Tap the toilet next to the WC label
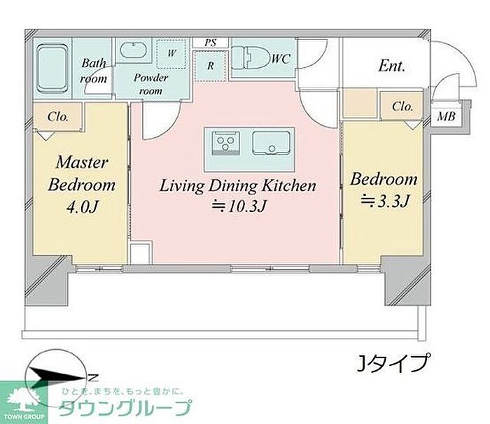click(252, 58)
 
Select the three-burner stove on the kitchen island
click(225, 143)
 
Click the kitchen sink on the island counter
click(272, 143)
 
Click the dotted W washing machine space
click(171, 54)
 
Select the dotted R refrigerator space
click(210, 66)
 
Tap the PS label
click(210, 42)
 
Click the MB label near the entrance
click(446, 117)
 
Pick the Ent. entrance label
click(391, 66)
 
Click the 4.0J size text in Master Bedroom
click(83, 206)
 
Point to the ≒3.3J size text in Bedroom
click(385, 201)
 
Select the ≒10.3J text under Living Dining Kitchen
click(239, 206)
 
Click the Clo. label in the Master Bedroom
click(58, 117)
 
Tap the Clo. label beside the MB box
click(402, 107)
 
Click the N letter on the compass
click(93, 378)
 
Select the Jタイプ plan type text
click(393, 363)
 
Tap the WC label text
click(281, 59)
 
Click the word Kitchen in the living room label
click(288, 185)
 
